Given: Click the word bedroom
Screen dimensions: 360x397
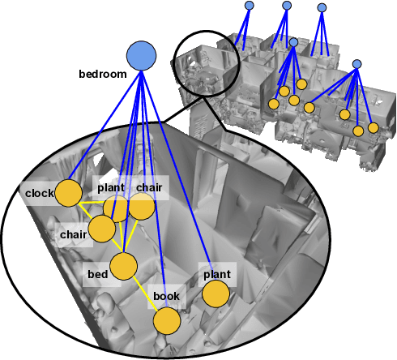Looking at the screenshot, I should click(x=102, y=75).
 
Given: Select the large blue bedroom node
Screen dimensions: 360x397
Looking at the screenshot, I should click(x=141, y=56).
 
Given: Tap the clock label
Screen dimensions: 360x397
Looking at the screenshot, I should click(x=39, y=194).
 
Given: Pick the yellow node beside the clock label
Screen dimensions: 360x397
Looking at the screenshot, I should click(x=68, y=194).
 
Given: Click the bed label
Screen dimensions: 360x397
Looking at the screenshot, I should click(x=98, y=273).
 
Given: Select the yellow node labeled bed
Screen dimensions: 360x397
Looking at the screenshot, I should click(x=124, y=267).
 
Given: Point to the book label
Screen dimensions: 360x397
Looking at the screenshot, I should click(x=166, y=297).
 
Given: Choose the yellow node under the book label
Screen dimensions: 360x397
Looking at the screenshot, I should click(x=167, y=321).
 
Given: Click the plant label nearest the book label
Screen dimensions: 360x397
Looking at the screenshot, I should click(x=216, y=275).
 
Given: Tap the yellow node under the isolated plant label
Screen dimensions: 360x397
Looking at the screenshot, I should click(x=215, y=294).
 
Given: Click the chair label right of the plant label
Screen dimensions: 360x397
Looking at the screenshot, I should click(x=149, y=188).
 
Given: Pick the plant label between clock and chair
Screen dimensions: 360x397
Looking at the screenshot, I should click(x=111, y=188).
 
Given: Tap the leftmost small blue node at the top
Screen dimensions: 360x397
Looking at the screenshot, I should click(x=250, y=6).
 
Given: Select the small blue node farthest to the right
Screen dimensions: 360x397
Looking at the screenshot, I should click(x=357, y=64).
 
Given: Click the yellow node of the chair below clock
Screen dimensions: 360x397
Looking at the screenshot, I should click(x=102, y=229).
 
